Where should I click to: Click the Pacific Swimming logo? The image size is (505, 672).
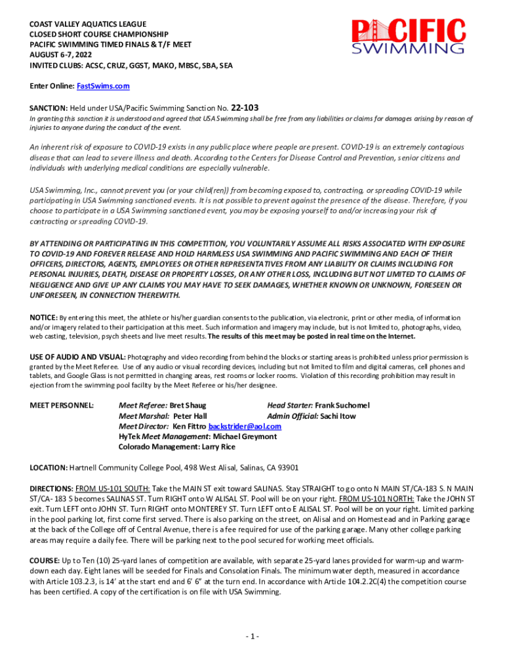click(x=408, y=36)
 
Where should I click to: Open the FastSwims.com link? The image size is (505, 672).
click(x=104, y=86)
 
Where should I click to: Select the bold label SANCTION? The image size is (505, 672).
click(x=49, y=108)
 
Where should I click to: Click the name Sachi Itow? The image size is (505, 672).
click(x=338, y=416)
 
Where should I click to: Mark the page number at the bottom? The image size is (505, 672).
click(x=253, y=637)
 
